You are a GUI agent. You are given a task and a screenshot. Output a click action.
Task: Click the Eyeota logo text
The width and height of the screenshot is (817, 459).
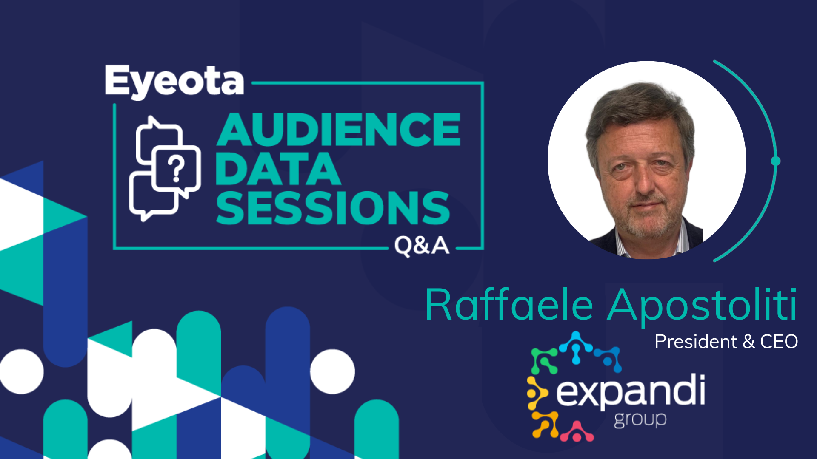point(174,82)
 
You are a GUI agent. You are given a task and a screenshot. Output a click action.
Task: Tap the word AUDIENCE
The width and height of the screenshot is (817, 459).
point(339,130)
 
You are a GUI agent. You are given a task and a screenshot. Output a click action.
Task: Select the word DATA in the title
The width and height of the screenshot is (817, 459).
point(278,169)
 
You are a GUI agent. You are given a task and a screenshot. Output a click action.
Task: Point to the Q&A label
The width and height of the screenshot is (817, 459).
point(422,246)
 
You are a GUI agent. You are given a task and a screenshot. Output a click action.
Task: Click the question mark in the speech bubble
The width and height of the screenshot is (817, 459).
point(176,169)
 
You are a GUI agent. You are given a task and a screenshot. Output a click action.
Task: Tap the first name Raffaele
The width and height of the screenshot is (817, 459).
point(509,305)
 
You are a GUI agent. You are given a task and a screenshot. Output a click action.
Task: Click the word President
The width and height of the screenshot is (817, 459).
point(696,341)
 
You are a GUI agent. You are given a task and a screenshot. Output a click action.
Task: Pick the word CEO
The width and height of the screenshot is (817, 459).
point(779,342)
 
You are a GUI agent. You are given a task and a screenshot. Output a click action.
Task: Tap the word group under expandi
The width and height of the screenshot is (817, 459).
point(640,420)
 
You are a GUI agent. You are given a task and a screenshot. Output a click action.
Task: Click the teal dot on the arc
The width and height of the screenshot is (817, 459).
point(776,161)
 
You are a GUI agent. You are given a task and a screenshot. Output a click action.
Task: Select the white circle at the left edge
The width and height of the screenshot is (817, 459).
point(21,371)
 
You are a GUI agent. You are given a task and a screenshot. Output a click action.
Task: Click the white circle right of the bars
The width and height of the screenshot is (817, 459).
point(332,371)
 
